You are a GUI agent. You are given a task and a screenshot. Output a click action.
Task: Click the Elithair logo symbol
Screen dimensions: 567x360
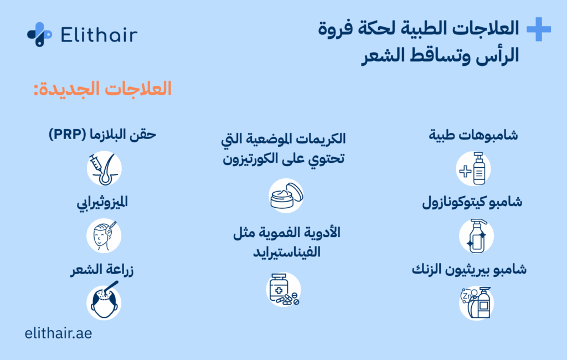point(39,34)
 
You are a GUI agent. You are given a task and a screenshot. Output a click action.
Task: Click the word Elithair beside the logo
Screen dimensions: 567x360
point(99,35)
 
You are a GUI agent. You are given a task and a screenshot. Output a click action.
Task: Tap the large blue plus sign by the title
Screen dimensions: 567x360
point(538,29)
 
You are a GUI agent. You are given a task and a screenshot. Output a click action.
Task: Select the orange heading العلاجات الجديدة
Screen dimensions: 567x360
point(102,89)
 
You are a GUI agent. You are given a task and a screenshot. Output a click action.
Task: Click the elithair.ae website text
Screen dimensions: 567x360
point(58,333)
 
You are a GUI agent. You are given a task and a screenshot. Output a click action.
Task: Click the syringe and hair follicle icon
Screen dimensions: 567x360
point(104,168)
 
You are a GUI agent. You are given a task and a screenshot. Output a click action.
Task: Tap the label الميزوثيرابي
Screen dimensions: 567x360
point(102,202)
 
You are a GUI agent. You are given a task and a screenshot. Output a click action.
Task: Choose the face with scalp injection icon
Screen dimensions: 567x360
point(104,235)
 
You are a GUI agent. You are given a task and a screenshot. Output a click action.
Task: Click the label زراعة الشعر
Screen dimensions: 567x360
point(102,270)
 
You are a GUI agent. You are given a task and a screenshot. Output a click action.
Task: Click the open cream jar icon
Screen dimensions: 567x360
point(286,196)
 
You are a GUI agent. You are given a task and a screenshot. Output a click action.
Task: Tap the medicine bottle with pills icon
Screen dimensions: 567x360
point(283,290)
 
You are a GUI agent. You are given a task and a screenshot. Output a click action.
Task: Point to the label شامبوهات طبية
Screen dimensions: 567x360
point(473,135)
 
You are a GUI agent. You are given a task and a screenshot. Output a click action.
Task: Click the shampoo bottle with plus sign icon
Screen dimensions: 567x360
point(473,168)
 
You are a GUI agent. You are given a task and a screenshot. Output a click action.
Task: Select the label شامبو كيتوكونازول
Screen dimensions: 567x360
point(472,202)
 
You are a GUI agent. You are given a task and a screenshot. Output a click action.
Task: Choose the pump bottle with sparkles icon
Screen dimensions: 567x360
point(476,236)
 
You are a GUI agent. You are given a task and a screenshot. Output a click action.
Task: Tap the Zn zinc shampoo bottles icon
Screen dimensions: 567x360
point(476,303)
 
